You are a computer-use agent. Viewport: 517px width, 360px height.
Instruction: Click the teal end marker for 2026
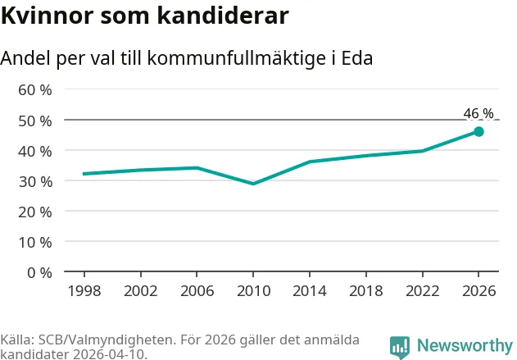click(478, 132)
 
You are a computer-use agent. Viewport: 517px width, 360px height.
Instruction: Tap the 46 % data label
click(478, 113)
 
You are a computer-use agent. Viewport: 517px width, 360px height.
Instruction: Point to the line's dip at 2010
click(253, 184)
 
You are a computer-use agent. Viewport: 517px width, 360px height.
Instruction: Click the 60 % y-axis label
click(35, 90)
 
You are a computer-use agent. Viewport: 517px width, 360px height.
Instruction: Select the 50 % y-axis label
click(35, 121)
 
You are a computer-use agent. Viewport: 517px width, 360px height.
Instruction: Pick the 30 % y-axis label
click(35, 182)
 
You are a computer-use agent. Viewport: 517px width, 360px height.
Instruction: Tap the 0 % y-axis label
click(39, 273)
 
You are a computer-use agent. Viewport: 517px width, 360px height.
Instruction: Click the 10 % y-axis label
click(35, 243)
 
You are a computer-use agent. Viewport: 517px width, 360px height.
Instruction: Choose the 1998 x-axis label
click(84, 291)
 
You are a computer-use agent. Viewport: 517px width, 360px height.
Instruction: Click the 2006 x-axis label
click(197, 291)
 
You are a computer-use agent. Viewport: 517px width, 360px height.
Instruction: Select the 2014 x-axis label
click(310, 291)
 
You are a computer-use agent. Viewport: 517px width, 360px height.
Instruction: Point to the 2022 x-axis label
click(423, 291)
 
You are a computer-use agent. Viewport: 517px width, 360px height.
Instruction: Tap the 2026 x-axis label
click(478, 291)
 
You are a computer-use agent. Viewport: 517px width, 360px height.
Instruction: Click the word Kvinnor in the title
click(48, 16)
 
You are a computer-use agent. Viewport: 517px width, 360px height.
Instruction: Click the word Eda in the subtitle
click(357, 58)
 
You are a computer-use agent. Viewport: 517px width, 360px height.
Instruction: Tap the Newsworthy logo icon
click(400, 348)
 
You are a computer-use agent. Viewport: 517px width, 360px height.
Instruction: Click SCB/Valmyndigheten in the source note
click(107, 340)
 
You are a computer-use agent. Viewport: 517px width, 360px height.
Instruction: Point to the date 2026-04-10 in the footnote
click(108, 354)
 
